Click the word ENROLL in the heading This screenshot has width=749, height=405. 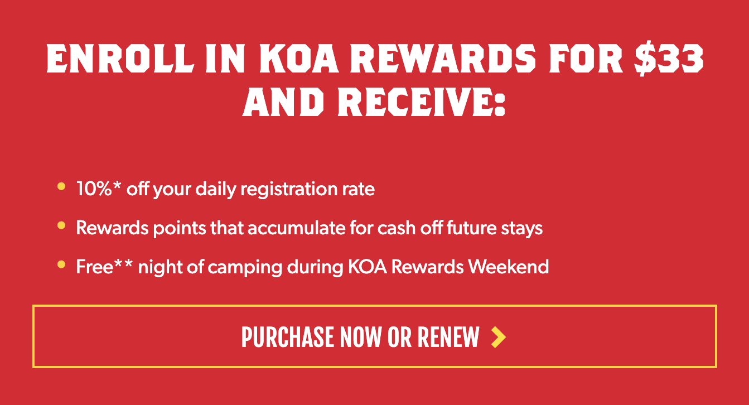120,59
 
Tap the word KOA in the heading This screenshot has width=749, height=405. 299,59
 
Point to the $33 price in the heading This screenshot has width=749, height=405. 669,60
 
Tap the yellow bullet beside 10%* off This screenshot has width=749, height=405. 61,186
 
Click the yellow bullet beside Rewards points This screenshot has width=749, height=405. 61,225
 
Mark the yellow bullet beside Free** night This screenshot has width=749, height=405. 61,264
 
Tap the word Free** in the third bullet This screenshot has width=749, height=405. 104,266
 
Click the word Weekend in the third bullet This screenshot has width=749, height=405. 508,267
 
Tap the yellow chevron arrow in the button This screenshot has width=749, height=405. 498,337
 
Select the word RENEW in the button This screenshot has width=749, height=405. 448,337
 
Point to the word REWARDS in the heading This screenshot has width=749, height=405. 443,59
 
